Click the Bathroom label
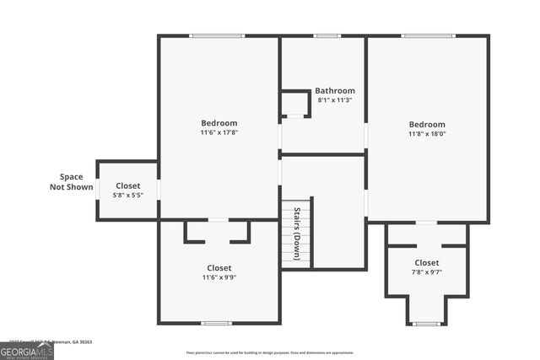[x=335, y=90]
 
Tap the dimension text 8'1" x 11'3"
[x=335, y=100]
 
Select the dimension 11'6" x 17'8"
[x=219, y=132]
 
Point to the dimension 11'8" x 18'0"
[x=427, y=133]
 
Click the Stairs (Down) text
[x=297, y=234]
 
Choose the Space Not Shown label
[x=71, y=181]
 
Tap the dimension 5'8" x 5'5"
[x=128, y=195]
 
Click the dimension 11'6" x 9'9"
[x=219, y=277]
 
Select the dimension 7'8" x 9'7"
[x=427, y=272]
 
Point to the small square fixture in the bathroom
[x=294, y=104]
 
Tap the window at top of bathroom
[x=327, y=35]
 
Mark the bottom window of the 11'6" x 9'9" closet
[x=217, y=323]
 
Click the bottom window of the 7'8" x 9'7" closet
[x=427, y=324]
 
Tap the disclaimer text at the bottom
[x=270, y=352]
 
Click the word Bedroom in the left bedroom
[x=219, y=123]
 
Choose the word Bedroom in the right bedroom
[x=427, y=124]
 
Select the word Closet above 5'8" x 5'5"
[x=128, y=185]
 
